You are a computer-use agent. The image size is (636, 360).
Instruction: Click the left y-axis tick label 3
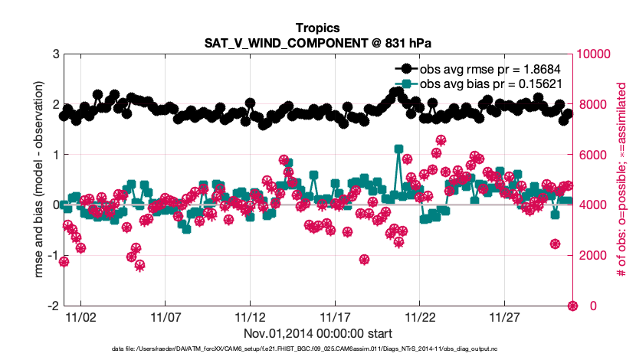pyautogui.click(x=54, y=54)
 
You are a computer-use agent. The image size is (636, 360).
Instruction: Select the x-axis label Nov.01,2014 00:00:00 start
pyautogui.click(x=318, y=333)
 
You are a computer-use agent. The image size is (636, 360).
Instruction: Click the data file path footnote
pyautogui.click(x=318, y=349)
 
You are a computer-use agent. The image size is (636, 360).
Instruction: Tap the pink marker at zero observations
pyautogui.click(x=572, y=306)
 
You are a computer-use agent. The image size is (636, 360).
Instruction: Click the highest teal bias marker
pyautogui.click(x=398, y=149)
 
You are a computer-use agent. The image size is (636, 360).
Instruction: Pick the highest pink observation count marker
pyautogui.click(x=441, y=140)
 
